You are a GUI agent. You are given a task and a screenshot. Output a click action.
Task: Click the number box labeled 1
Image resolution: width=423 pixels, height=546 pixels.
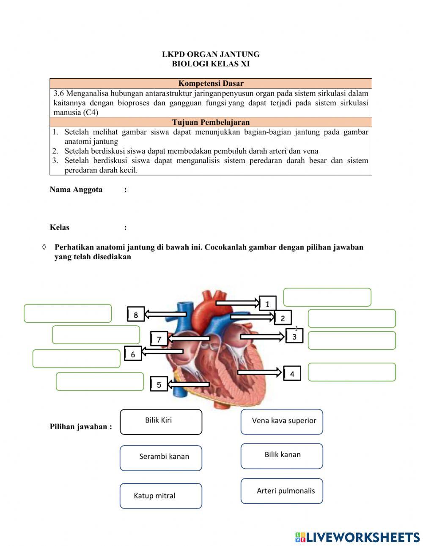click(x=267, y=304)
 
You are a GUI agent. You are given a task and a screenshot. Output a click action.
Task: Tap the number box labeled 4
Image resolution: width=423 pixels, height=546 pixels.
click(x=292, y=373)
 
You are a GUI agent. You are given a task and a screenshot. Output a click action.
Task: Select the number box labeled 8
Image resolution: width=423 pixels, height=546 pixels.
click(x=136, y=314)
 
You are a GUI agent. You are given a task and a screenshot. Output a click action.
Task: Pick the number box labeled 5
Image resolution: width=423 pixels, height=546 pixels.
click(x=159, y=384)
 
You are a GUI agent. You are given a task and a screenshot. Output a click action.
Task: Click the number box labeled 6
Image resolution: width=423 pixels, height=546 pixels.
click(x=133, y=354)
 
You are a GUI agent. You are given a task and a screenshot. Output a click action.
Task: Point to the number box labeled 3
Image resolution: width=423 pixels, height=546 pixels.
click(x=294, y=336)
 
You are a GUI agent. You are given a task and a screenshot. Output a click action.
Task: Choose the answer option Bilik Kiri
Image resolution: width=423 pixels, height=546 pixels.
click(x=161, y=422)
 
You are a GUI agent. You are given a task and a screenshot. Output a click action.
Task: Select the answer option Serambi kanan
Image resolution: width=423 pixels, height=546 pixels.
click(x=161, y=458)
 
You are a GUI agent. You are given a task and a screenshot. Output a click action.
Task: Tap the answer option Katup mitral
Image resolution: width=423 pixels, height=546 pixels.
click(x=161, y=496)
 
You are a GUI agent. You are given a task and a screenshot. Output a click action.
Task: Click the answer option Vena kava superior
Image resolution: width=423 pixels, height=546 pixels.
click(x=282, y=422)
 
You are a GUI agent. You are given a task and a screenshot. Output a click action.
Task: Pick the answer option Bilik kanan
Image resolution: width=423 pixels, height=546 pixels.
click(x=282, y=456)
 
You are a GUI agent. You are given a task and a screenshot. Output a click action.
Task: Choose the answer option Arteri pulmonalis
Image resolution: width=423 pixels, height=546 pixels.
click(x=282, y=491)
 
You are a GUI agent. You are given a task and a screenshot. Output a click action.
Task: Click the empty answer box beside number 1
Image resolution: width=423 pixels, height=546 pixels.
click(x=327, y=297)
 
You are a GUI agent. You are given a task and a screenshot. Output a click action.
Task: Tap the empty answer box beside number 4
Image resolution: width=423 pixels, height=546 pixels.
click(x=352, y=372)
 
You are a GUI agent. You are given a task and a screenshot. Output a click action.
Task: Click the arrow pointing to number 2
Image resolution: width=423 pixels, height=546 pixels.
click(x=252, y=316)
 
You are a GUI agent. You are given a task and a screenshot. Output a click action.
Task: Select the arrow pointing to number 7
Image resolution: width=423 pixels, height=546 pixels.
click(x=189, y=338)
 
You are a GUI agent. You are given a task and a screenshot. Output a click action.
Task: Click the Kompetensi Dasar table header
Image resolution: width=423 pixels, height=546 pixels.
click(x=211, y=83)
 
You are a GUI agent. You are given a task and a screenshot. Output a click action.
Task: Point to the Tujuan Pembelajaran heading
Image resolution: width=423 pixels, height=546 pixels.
click(x=211, y=122)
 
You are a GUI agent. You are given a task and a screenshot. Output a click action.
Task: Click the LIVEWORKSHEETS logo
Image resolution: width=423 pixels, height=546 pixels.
click(x=357, y=537)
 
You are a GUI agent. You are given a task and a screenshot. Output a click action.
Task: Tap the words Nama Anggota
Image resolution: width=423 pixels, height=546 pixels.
click(x=76, y=189)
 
